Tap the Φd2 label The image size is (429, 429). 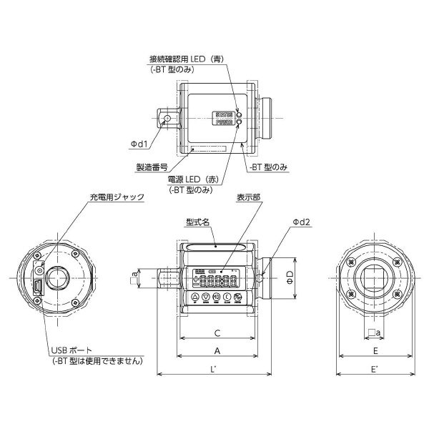[301, 222]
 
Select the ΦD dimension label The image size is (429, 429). [290, 276]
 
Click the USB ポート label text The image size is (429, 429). [71, 350]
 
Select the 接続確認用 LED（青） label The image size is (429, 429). [188, 60]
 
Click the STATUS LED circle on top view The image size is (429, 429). [240, 114]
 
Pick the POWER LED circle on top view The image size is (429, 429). [240, 122]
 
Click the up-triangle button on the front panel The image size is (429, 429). [195, 297]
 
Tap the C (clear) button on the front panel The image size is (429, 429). [227, 297]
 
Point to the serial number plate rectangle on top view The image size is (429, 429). [208, 149]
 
